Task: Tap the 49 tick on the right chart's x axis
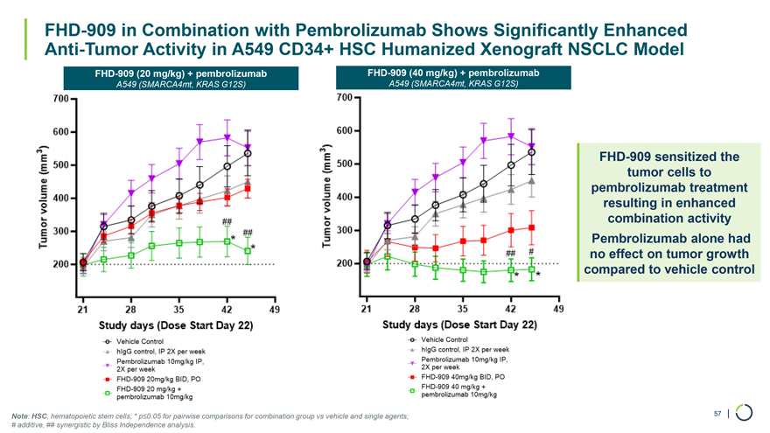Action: pos(558,309)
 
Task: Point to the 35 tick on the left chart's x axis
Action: pos(178,310)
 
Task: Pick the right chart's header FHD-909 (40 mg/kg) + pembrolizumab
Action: pos(452,72)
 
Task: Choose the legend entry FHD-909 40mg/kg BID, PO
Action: pos(463,376)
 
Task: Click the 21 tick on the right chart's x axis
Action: pos(366,309)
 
